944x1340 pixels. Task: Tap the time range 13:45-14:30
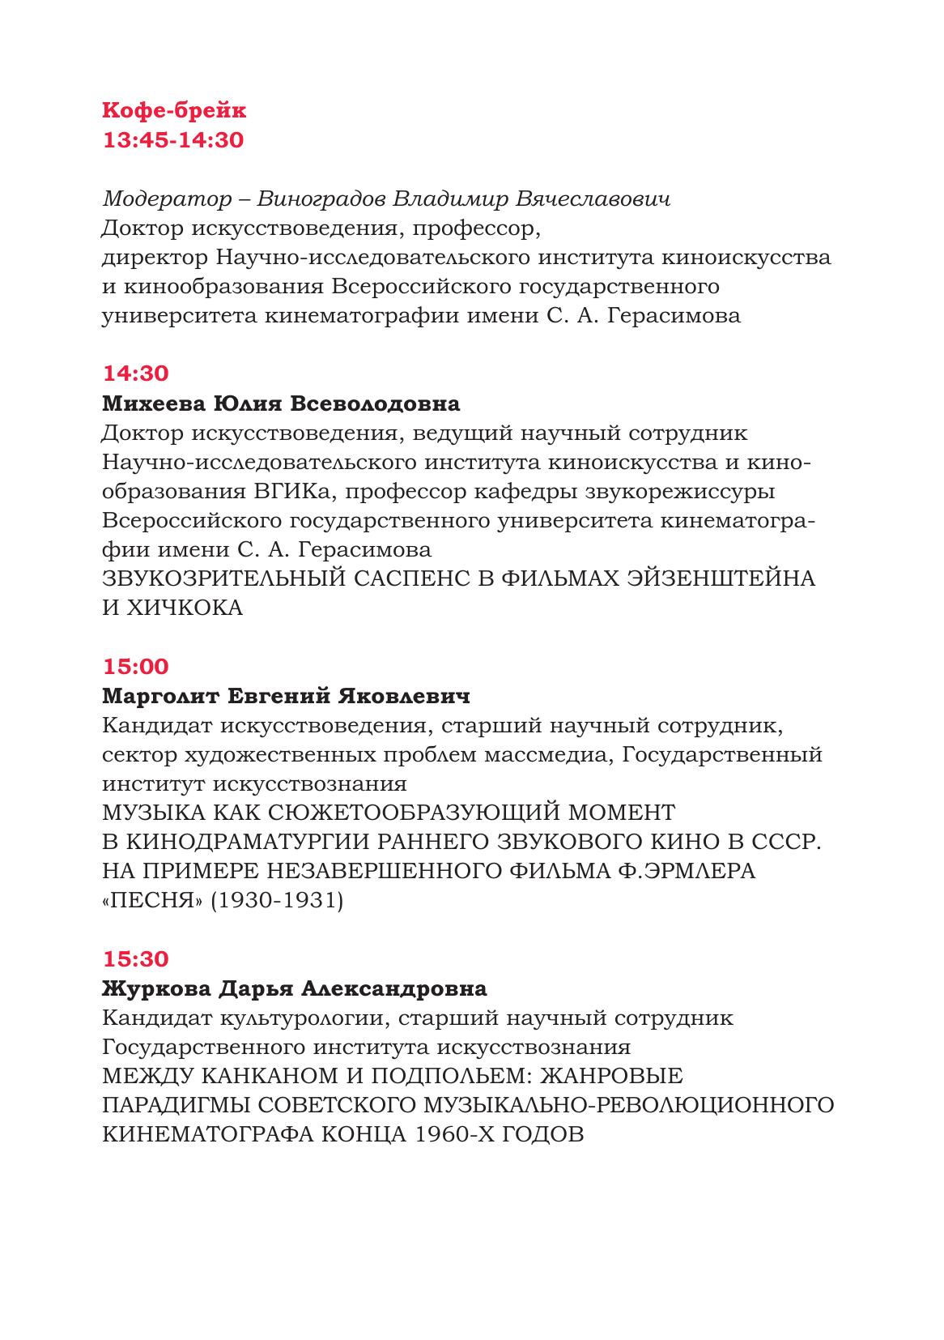coord(173,140)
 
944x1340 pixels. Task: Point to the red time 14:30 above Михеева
coord(135,374)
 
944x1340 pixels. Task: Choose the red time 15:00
coord(135,667)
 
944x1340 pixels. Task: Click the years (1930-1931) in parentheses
coord(277,901)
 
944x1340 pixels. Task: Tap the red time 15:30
coord(135,959)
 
